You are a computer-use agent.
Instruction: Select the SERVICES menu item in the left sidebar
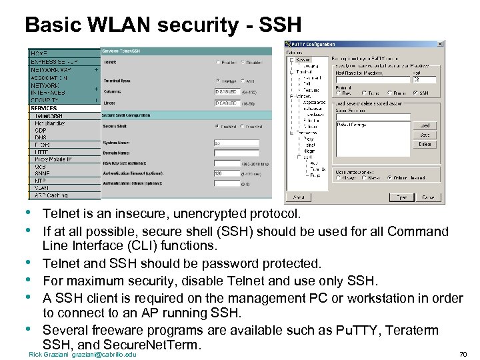click(44, 108)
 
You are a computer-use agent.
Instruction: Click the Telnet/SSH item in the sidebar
click(48, 115)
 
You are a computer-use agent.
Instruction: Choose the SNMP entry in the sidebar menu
click(42, 173)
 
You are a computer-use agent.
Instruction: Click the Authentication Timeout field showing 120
click(227, 173)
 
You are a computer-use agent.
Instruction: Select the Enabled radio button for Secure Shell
click(217, 126)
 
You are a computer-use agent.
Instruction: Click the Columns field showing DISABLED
click(227, 91)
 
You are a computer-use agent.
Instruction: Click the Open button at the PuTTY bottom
click(402, 197)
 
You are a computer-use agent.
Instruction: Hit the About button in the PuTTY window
click(298, 197)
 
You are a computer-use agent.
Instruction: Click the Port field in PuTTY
click(425, 79)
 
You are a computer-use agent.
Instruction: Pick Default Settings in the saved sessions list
click(354, 125)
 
